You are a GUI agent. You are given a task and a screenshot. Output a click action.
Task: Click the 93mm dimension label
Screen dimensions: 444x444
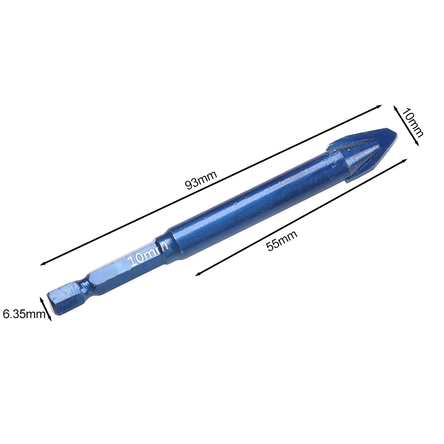[x=201, y=180]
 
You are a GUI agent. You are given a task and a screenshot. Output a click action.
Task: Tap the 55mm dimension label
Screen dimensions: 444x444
[x=282, y=241]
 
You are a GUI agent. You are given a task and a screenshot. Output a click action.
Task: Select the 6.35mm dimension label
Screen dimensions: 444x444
[x=24, y=314]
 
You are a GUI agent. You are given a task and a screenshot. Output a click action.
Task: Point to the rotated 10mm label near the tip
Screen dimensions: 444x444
[x=413, y=122]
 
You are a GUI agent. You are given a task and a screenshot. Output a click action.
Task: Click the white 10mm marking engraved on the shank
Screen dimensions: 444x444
[x=148, y=254]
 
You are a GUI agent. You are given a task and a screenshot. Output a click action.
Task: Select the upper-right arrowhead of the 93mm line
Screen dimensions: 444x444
[x=379, y=106]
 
